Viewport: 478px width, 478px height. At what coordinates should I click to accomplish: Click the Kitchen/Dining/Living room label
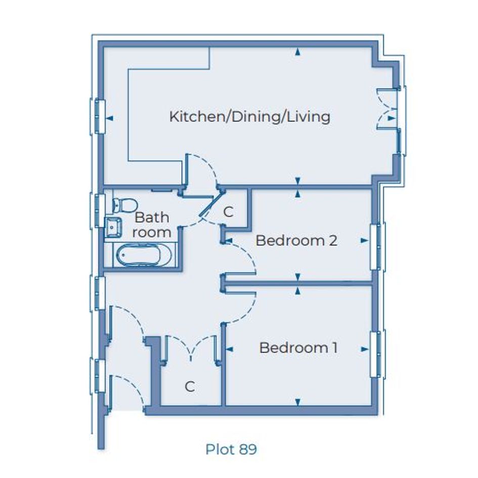click(x=250, y=117)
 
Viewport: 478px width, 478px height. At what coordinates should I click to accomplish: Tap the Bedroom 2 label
click(x=296, y=241)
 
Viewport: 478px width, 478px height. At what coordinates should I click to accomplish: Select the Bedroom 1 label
click(x=298, y=348)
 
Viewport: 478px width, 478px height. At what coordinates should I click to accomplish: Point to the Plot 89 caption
click(x=231, y=449)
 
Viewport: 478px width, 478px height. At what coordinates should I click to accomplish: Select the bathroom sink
click(x=113, y=227)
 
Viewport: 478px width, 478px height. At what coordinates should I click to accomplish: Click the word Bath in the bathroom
click(x=152, y=218)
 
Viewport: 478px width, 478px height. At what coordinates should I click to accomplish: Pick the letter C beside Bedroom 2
click(x=228, y=212)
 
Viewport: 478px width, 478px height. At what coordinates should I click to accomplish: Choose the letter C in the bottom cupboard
click(x=190, y=386)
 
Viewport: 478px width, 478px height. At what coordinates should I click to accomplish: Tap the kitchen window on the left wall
click(x=98, y=116)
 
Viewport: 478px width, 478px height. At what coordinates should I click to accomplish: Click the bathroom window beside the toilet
click(x=98, y=210)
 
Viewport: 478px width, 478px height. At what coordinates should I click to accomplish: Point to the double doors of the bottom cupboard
click(x=191, y=348)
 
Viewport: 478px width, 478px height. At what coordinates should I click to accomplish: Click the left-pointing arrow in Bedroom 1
click(x=229, y=349)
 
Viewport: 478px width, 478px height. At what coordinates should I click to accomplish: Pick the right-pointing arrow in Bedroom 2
click(x=364, y=241)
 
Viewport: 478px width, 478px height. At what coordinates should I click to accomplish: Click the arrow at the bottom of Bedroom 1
click(x=298, y=402)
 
